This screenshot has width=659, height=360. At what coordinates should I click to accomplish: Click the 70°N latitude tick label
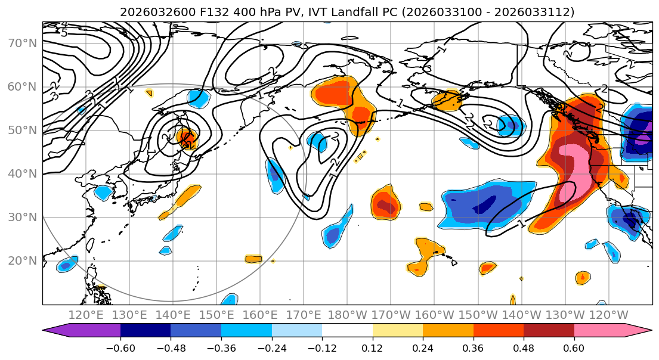[21, 43]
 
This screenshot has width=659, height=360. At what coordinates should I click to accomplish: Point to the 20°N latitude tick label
[21, 261]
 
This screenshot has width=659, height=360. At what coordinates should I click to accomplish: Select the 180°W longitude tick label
[347, 315]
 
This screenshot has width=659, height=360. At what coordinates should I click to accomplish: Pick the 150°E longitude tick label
[216, 315]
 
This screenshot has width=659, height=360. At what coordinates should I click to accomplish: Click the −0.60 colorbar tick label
[120, 347]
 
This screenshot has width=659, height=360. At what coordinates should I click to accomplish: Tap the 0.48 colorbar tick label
[524, 347]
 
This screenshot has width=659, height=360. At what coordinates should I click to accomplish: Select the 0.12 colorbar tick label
[373, 347]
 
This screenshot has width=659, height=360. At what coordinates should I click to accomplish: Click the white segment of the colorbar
[347, 331]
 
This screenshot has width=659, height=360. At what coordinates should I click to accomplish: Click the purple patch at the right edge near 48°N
[643, 141]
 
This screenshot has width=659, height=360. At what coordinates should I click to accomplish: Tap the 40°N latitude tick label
[21, 174]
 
